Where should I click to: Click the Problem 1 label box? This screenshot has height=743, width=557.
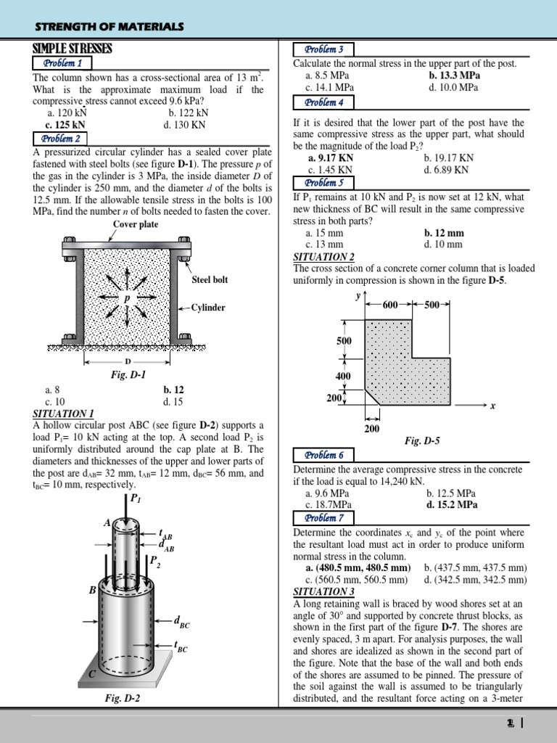click(61, 63)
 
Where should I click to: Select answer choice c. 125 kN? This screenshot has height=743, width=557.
click(67, 124)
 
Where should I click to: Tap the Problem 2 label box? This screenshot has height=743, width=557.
click(61, 138)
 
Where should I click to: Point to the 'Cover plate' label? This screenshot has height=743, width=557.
click(136, 224)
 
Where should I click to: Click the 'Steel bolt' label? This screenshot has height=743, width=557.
click(210, 279)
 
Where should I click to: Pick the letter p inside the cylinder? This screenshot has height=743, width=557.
click(126, 297)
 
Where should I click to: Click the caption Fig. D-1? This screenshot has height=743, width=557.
click(128, 374)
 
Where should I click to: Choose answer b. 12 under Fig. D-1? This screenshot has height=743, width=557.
click(173, 390)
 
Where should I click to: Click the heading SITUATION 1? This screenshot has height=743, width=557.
click(64, 413)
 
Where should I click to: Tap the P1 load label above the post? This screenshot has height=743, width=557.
click(134, 498)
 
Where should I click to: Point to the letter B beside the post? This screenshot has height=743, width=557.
click(92, 591)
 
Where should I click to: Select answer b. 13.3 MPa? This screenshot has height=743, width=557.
click(454, 75)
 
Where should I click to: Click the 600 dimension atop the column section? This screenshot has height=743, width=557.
click(390, 305)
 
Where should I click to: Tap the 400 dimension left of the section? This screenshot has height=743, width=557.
click(343, 376)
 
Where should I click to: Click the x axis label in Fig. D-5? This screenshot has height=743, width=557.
click(492, 406)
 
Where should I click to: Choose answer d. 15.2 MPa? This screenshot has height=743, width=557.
click(452, 504)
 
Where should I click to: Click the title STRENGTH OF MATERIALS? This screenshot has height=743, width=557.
click(110, 27)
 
